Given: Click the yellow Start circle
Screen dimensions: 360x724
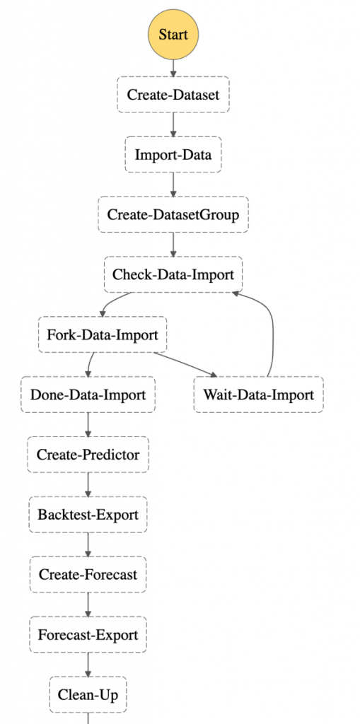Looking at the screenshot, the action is coord(173,35).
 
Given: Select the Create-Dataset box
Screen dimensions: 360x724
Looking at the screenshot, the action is coord(173,95).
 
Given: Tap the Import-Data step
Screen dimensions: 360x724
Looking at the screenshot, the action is coord(173,155).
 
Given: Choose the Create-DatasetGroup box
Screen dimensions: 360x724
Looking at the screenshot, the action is coord(173,215).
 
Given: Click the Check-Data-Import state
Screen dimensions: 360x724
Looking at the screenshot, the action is coord(173,275).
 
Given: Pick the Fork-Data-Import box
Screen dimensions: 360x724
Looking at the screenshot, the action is coord(102,334).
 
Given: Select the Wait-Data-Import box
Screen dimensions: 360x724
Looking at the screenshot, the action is coord(259,395).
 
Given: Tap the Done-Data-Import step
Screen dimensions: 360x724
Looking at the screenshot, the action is coord(88,395).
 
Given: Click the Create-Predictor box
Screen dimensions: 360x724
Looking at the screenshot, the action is coord(88,455).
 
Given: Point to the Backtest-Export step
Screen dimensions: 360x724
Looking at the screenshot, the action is coord(88,515).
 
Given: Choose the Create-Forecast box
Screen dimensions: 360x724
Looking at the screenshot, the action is coord(88,575).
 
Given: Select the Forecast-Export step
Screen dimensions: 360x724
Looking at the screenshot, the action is coord(88,635).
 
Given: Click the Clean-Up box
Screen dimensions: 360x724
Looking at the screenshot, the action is coord(88,695).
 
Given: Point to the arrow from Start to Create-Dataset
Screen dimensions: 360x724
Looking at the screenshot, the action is coord(173,69).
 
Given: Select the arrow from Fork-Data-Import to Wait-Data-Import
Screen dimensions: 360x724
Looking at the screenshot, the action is coord(185,365).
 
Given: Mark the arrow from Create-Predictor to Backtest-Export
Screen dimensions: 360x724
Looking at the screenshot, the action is coord(88,485).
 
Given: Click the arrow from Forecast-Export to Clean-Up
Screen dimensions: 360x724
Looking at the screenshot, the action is coord(88,665).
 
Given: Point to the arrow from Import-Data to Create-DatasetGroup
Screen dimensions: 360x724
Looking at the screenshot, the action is coord(173,185).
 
